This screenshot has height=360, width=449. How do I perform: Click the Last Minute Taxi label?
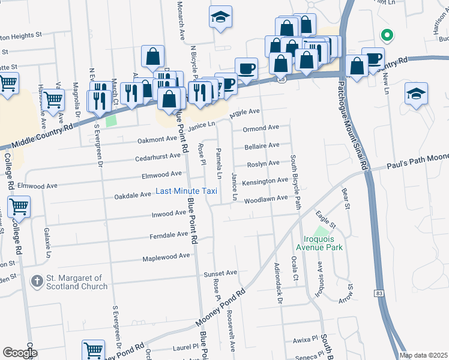(x=186, y=191)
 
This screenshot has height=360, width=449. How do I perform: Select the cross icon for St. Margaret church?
(x=37, y=281)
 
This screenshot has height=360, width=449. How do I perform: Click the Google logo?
(x=20, y=353)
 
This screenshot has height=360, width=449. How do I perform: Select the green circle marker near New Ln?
(x=387, y=35)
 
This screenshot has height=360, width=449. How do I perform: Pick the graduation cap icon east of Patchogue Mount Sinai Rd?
(x=416, y=94)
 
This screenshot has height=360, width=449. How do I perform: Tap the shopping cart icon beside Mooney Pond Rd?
(x=93, y=350)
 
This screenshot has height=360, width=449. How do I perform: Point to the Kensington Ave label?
(x=265, y=180)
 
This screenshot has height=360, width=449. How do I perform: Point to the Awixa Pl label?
(x=305, y=339)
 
